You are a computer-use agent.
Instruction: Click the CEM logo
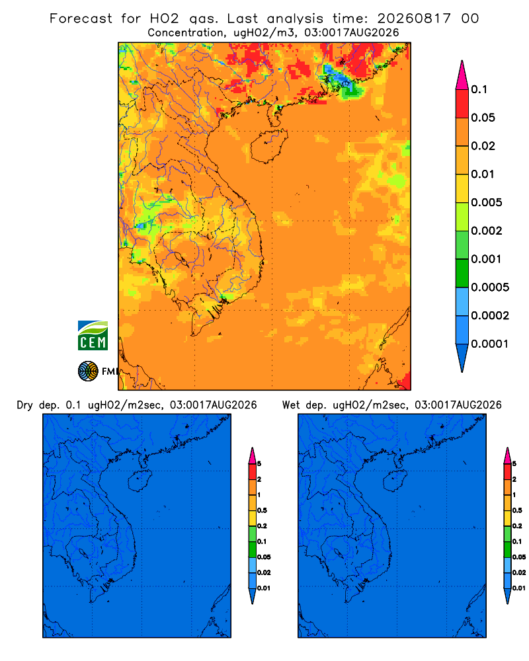(x=93, y=336)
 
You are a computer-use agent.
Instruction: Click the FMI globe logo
(x=88, y=371)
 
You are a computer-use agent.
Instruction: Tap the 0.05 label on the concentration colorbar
(x=483, y=118)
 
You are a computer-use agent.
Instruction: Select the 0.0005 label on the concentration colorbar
(x=490, y=288)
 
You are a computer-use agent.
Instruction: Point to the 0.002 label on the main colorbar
(x=487, y=231)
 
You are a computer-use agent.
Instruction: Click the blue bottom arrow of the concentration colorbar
(x=462, y=358)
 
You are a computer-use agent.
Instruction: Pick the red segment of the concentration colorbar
(x=462, y=103)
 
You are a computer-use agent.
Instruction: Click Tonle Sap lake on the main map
(x=181, y=258)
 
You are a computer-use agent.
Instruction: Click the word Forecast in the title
(x=81, y=19)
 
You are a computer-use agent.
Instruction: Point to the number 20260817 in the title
(x=414, y=19)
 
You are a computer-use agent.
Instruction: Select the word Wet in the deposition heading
(x=291, y=405)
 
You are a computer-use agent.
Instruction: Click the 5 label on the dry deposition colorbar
(x=259, y=464)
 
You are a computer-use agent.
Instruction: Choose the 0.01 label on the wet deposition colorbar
(x=519, y=588)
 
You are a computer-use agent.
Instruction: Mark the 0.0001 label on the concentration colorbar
(x=490, y=344)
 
